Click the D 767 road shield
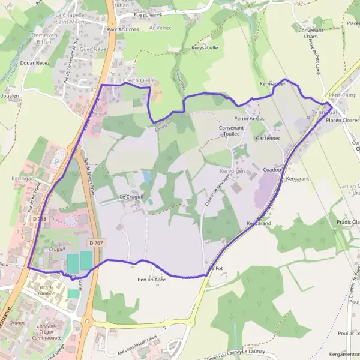[95, 242]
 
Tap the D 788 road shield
[40, 220]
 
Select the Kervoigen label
[234, 171]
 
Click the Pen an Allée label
[151, 280]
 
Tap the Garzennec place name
[268, 139]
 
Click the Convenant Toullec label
[232, 131]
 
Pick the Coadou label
[272, 170]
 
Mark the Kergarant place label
[298, 179]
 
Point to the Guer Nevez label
[92, 50]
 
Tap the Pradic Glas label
[348, 223]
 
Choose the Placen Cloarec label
[343, 120]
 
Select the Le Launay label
[254, 352]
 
